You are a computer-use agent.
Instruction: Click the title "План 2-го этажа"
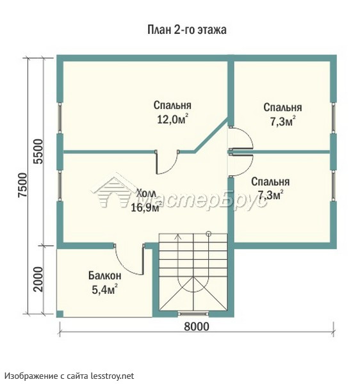(187, 30)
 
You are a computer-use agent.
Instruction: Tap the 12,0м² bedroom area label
(172, 120)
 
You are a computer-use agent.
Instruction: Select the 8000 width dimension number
(197, 326)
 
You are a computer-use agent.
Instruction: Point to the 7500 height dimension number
(22, 185)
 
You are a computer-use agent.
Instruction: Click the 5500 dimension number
(38, 151)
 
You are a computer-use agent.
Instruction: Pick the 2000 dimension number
(38, 279)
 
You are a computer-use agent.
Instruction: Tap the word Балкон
(104, 275)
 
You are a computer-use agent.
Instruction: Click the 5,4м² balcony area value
(104, 289)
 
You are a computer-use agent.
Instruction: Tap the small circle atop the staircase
(209, 233)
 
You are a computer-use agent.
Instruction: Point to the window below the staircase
(193, 314)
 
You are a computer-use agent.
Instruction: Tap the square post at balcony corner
(60, 314)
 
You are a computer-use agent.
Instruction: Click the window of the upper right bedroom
(333, 118)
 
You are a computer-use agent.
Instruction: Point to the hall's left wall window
(60, 186)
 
